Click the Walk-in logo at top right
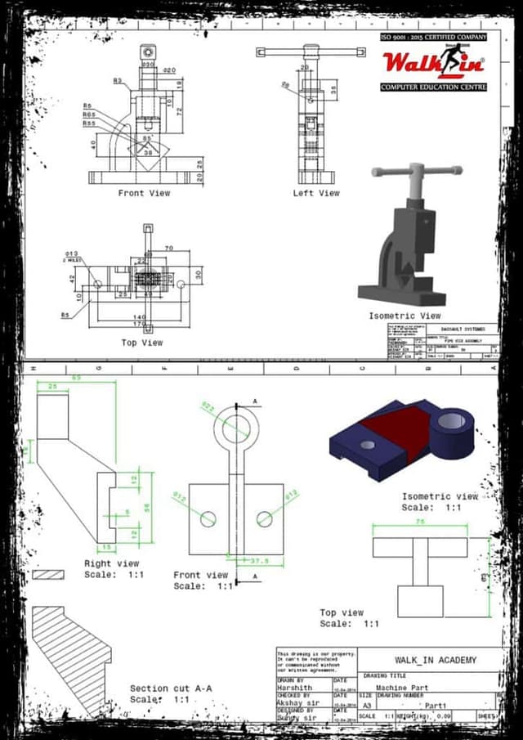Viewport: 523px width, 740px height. click(x=433, y=62)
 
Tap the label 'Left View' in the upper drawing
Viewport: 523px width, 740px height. click(x=316, y=193)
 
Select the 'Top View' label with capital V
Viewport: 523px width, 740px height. click(x=141, y=343)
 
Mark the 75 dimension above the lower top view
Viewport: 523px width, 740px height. click(x=420, y=521)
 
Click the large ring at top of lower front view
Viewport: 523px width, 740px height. click(x=236, y=428)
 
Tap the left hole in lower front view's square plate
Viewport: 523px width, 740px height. click(x=208, y=518)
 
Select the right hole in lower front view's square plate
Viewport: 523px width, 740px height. click(x=264, y=518)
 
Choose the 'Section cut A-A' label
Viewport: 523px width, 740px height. click(x=171, y=688)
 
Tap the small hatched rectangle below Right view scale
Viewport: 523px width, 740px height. click(x=48, y=575)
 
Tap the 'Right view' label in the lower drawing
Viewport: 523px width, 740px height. click(x=111, y=563)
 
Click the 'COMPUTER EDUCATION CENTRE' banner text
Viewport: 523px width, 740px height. click(x=433, y=87)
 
